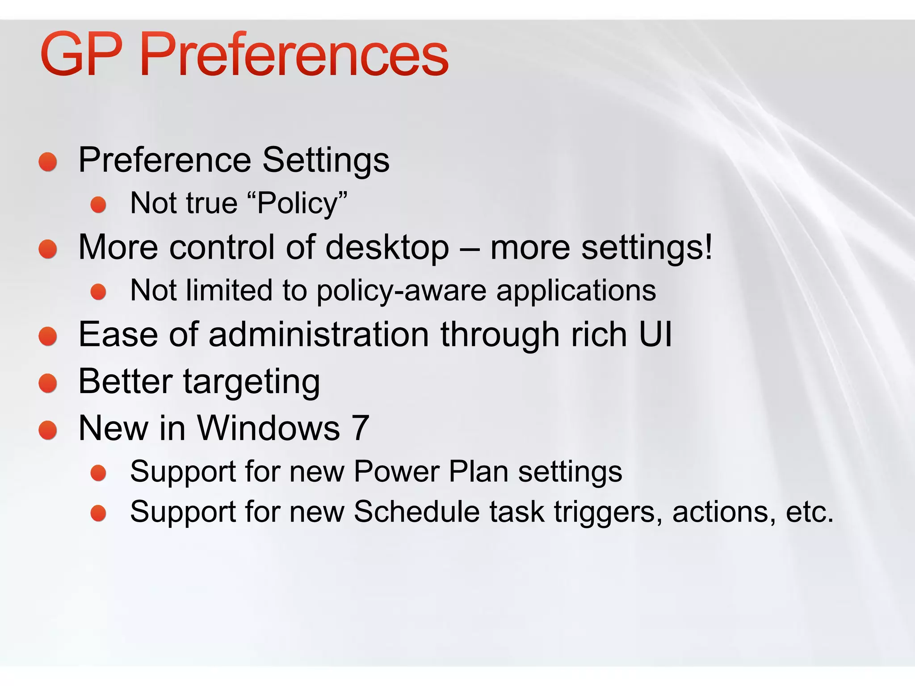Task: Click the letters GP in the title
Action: coord(81,54)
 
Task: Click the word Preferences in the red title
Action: coord(294,54)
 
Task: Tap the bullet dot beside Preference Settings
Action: coord(48,162)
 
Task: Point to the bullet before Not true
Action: coord(98,205)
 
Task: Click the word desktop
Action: coord(387,247)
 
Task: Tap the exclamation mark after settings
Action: coord(708,247)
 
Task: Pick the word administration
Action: coord(319,335)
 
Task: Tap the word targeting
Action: coord(252,382)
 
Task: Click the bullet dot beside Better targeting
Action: coord(48,383)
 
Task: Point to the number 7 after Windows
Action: coord(360,428)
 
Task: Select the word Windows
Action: coord(269,428)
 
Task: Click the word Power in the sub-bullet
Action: coord(396,472)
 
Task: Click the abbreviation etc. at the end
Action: coord(810,512)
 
